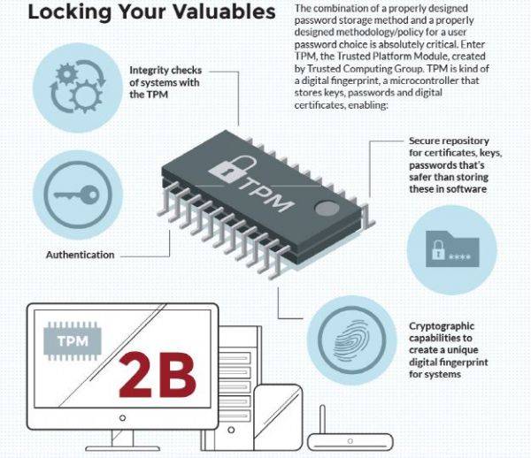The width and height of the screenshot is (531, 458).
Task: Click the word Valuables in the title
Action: (x=224, y=11)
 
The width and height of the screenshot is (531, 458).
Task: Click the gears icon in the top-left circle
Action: (x=78, y=87)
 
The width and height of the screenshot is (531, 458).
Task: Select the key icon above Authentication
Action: (x=77, y=195)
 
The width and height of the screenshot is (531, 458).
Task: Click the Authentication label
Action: (x=81, y=255)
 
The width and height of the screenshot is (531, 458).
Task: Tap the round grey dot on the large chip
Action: (x=327, y=208)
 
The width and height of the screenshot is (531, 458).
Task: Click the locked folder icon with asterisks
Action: (x=452, y=249)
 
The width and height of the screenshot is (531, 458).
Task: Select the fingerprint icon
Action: (x=352, y=340)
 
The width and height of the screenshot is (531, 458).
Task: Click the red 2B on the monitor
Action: (x=158, y=375)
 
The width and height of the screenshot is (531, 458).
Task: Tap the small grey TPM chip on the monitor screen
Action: (x=73, y=341)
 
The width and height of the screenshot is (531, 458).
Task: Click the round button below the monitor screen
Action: (x=123, y=418)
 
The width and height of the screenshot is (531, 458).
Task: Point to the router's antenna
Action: (x=322, y=420)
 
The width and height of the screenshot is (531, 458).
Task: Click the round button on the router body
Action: (x=350, y=441)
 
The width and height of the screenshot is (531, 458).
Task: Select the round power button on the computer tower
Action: (x=231, y=430)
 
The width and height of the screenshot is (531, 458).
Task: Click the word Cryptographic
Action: (x=442, y=326)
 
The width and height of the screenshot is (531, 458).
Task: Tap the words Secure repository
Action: (x=449, y=141)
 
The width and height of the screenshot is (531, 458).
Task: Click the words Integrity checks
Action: (x=165, y=70)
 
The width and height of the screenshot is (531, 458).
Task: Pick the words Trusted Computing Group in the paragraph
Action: (x=365, y=69)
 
